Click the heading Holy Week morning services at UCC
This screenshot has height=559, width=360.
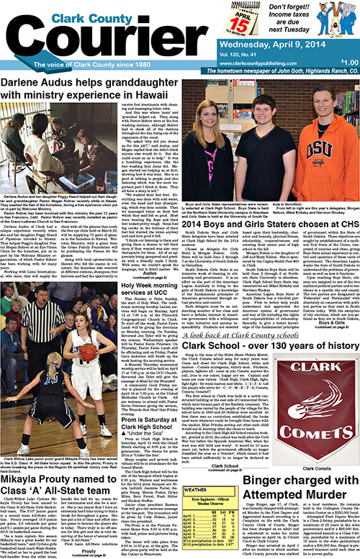(x=142, y=271)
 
